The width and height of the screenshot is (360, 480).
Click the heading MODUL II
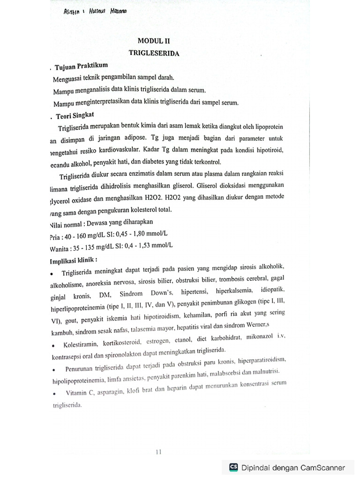pyautogui.click(x=154, y=41)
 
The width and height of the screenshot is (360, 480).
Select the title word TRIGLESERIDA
pyautogui.click(x=154, y=53)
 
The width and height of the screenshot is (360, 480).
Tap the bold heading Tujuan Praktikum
pyautogui.click(x=82, y=67)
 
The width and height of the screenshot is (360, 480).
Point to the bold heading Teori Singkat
pyautogui.click(x=75, y=114)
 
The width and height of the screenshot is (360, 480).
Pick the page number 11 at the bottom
pyautogui.click(x=158, y=452)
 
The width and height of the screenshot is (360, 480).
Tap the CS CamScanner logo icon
pyautogui.click(x=233, y=467)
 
